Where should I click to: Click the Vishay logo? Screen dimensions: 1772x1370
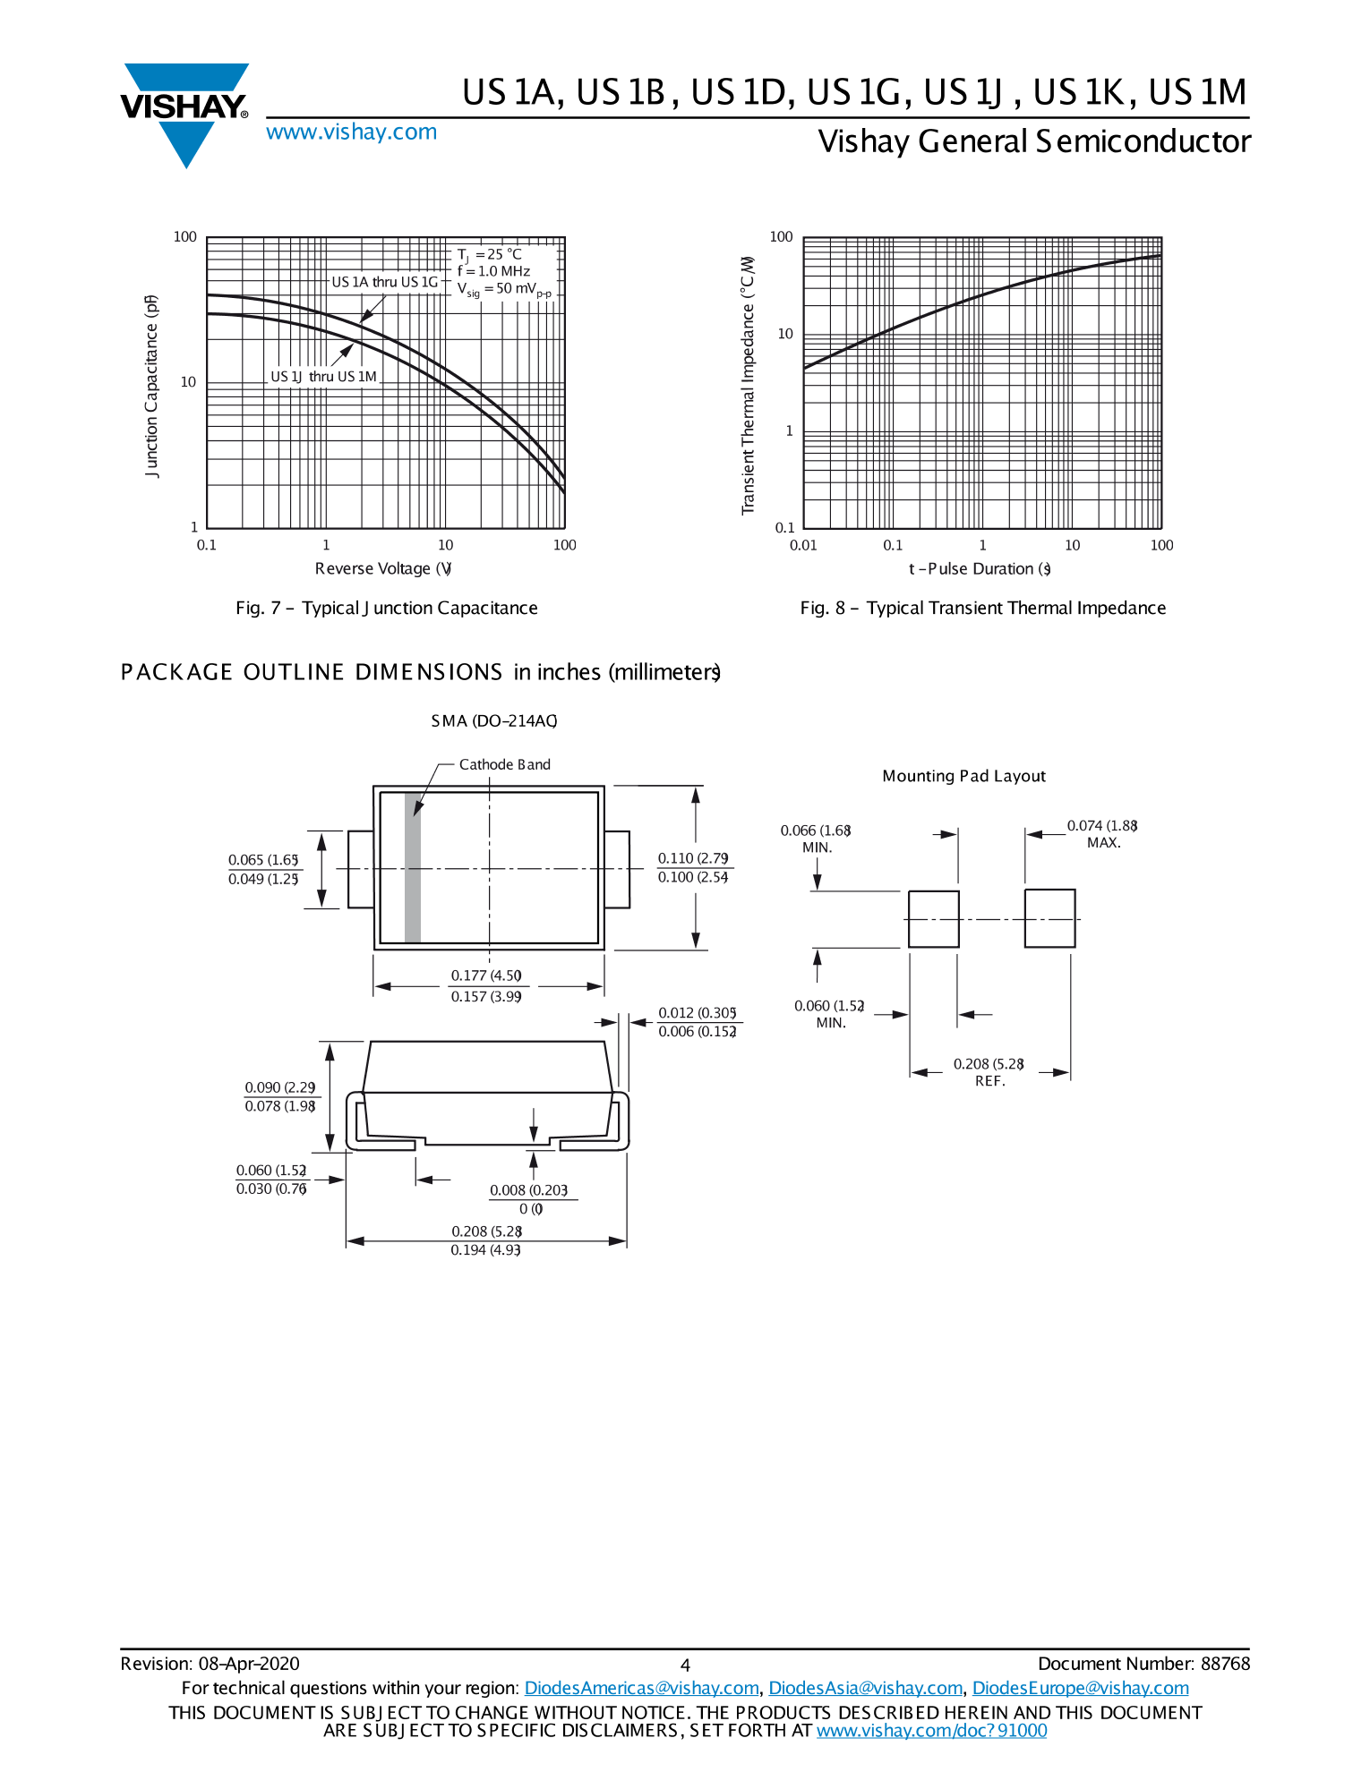(184, 112)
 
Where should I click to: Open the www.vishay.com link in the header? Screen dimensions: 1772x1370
(351, 132)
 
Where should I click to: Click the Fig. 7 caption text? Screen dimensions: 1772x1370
(386, 609)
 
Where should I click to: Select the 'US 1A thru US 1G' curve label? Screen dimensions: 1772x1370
(385, 282)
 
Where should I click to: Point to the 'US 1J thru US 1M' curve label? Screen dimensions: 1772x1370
(323, 377)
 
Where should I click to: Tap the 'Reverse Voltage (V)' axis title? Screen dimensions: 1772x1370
(383, 569)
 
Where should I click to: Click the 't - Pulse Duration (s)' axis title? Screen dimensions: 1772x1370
(980, 569)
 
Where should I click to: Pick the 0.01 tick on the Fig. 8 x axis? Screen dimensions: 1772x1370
(803, 545)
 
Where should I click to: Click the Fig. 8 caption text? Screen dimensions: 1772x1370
(982, 609)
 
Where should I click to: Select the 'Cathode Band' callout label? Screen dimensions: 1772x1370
(504, 764)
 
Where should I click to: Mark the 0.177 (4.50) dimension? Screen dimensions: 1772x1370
(486, 975)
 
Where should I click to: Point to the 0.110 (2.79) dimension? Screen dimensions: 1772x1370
(693, 858)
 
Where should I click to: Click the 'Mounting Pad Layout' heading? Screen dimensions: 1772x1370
(963, 776)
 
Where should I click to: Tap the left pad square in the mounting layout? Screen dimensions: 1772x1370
(933, 919)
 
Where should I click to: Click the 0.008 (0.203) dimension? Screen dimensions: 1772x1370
(528, 1190)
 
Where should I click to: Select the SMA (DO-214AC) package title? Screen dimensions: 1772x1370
(493, 721)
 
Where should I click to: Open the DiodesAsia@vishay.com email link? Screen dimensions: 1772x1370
(865, 1688)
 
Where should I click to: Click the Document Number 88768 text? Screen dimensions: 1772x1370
(1143, 1664)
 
